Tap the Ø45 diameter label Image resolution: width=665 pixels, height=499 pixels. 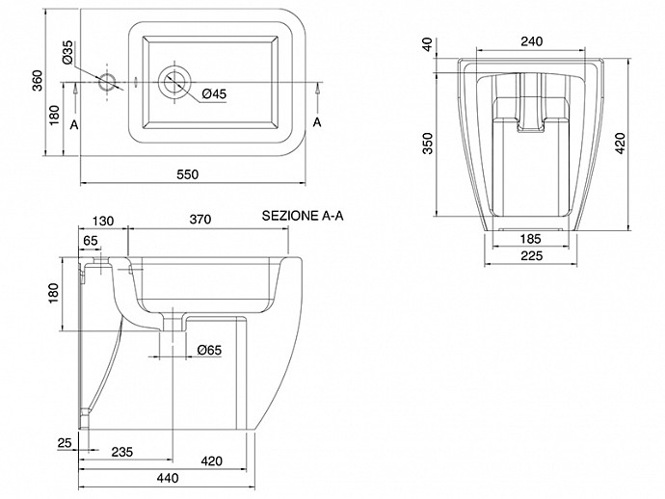click(x=214, y=93)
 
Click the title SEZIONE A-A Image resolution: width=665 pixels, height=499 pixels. click(x=303, y=217)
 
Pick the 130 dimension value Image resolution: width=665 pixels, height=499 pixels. click(x=103, y=221)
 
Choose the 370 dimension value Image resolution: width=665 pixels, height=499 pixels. click(x=199, y=221)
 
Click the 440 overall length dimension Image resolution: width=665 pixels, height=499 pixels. click(x=170, y=479)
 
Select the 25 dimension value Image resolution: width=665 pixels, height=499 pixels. click(x=64, y=442)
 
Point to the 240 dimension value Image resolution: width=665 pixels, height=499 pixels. click(x=530, y=41)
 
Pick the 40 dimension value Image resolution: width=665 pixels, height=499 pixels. click(x=429, y=44)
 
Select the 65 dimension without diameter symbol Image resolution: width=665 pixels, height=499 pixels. click(x=92, y=240)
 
